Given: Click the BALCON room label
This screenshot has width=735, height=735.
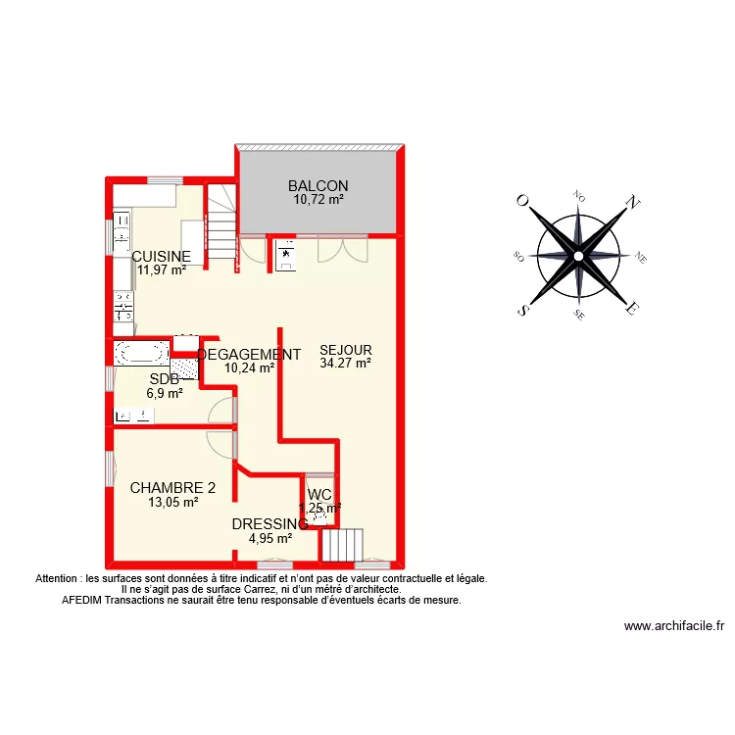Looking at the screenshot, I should pos(318,186).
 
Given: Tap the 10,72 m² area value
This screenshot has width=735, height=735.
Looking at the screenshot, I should pos(318,200).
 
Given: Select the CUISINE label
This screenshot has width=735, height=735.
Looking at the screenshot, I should pos(161,257).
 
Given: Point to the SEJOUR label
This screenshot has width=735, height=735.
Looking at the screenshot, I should pos(346,350).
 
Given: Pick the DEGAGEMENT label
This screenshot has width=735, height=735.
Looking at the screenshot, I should pos(249,355).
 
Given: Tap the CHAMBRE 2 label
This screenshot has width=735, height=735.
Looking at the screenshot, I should pos(172,488).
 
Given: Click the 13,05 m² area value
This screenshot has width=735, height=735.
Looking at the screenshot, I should pos(172,502).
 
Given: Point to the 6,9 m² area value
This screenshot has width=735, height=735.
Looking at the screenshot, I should pos(165,393).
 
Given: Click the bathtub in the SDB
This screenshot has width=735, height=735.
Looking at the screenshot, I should pos(142,352).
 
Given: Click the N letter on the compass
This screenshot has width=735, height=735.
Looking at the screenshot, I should pos(633,205).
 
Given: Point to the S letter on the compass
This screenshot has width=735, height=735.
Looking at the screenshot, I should pos(524,310).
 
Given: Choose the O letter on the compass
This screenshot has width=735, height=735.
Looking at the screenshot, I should pos(523,202).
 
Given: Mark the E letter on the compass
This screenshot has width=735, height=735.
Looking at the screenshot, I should pos(633,309).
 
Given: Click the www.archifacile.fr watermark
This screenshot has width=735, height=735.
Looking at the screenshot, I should pos(673,627).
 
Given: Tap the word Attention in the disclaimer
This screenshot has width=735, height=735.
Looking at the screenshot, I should pos(60,579).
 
